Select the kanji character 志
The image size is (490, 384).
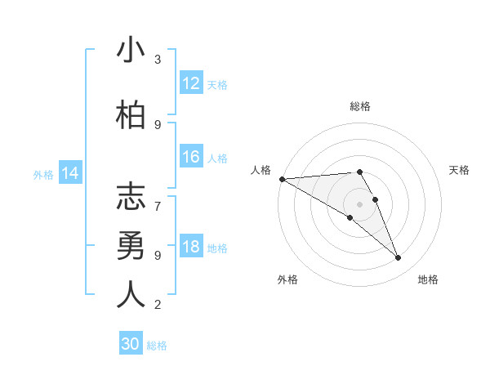pyautogui.click(x=131, y=198)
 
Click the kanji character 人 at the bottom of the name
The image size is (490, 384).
pyautogui.click(x=131, y=294)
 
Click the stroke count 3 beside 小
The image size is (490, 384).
pyautogui.click(x=158, y=60)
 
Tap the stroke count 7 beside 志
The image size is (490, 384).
pyautogui.click(x=158, y=198)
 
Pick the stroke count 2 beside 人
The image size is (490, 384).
pyautogui.click(x=158, y=305)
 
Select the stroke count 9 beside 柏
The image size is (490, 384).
pyautogui.click(x=158, y=124)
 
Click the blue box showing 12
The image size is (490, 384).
pyautogui.click(x=191, y=83)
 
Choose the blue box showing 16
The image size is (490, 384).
pyautogui.click(x=191, y=157)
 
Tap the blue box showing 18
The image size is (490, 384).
pyautogui.click(x=191, y=248)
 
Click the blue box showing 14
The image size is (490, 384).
pyautogui.click(x=70, y=173)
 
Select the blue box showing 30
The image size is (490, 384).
pyautogui.click(x=131, y=344)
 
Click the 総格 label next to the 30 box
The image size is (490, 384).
pyautogui.click(x=157, y=346)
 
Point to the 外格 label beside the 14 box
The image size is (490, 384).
pyautogui.click(x=43, y=174)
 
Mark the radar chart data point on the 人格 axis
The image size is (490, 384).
pyautogui.click(x=282, y=179)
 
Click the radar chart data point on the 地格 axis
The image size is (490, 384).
pyautogui.click(x=398, y=258)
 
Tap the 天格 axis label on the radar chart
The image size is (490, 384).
pyautogui.click(x=459, y=170)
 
